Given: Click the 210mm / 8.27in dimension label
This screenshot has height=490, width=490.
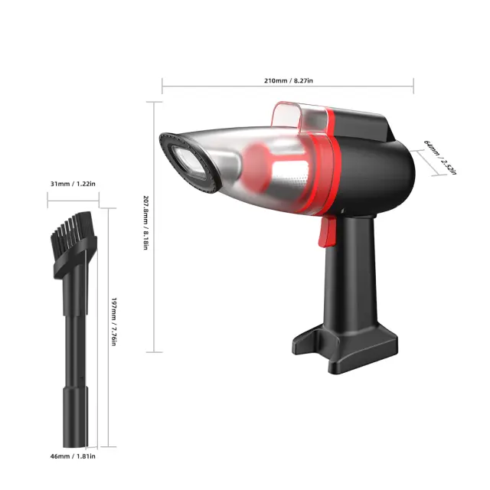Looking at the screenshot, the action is (289, 80).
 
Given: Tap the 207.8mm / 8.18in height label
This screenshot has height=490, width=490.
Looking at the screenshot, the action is (145, 223).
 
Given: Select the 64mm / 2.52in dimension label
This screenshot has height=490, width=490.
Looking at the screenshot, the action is (440, 157).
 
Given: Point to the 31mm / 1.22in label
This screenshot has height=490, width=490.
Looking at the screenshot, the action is (73, 184).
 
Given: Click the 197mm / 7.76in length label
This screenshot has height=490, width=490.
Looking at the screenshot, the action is (114, 322).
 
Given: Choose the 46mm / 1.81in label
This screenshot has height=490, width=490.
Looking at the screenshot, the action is (73, 456).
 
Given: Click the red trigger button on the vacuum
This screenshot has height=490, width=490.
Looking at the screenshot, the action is (327, 231).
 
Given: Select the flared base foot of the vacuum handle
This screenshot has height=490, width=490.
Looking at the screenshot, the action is (345, 347).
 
